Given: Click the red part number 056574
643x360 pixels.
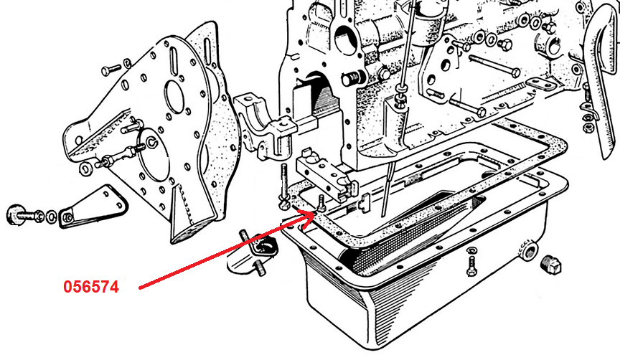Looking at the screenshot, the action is click(x=91, y=287).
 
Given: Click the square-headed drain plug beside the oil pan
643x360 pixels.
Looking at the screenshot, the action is click(x=550, y=265).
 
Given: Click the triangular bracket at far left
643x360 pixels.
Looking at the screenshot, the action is click(x=93, y=207).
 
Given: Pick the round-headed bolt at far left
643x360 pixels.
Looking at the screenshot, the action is click(x=24, y=214).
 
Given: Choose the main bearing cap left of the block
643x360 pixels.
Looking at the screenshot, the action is click(x=266, y=125).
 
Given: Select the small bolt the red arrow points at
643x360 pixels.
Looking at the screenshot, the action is click(x=321, y=204).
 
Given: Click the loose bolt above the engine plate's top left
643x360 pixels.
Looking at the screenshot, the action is click(x=111, y=70).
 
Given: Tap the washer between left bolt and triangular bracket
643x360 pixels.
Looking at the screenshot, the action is click(x=51, y=217).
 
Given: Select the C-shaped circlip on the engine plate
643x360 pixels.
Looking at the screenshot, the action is click(x=152, y=142).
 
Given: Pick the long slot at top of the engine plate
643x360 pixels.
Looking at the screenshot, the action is click(x=174, y=59).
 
